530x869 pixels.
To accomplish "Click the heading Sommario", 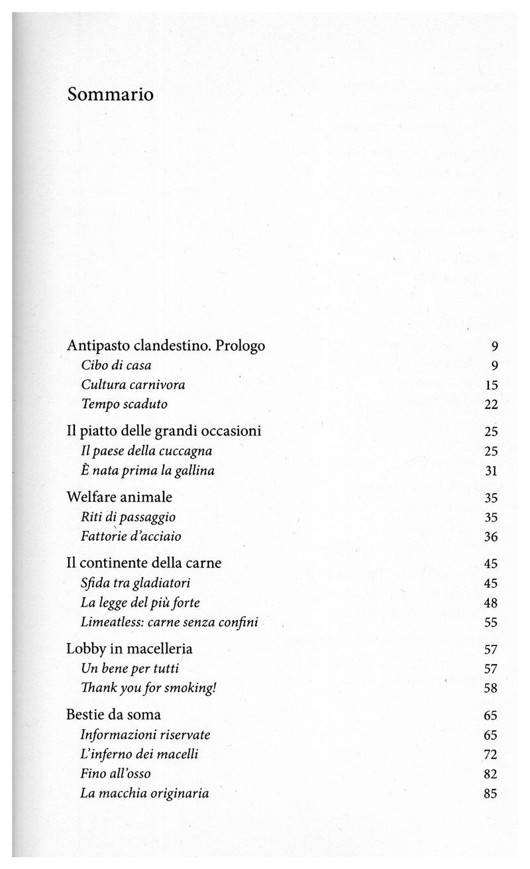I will (110, 95).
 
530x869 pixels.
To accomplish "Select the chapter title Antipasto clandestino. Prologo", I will (166, 345).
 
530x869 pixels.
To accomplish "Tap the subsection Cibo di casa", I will (117, 365).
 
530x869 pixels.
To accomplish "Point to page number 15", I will (491, 385).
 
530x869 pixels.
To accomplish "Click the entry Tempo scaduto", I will (124, 404).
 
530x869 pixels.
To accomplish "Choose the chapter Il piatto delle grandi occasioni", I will (164, 432).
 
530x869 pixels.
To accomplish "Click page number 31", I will (491, 471).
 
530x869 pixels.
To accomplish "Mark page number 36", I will (491, 537).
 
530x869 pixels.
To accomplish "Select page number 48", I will (491, 603).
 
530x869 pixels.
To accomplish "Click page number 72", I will (491, 754).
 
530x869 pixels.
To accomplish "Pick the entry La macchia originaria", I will (144, 793).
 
